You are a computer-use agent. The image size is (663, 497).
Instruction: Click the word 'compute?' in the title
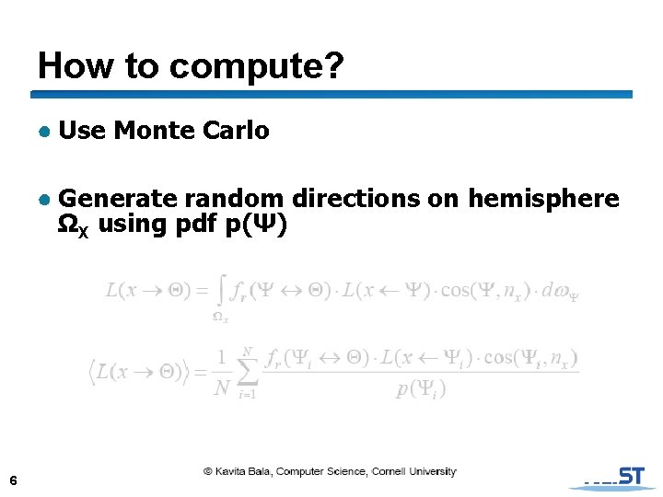click(x=257, y=65)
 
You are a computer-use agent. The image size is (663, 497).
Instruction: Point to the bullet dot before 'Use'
click(x=43, y=132)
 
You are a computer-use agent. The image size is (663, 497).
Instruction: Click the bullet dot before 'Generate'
click(x=43, y=199)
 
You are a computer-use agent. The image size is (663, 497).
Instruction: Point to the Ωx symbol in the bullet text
click(x=73, y=225)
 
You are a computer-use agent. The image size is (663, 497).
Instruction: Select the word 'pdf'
click(x=198, y=224)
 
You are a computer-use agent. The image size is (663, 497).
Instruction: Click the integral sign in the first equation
click(x=221, y=292)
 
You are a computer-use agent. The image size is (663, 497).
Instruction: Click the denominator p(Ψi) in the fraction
click(x=422, y=389)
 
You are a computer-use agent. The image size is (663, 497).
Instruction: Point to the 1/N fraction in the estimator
click(x=221, y=373)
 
